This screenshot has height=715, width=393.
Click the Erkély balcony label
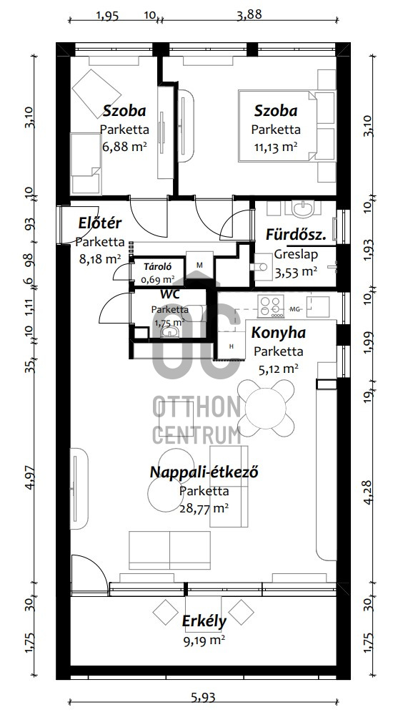click(204, 621)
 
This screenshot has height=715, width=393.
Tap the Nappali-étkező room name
click(204, 472)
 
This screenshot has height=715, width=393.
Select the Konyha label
click(278, 333)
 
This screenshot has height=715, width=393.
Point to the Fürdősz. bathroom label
click(296, 235)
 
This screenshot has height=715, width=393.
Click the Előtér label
click(100, 223)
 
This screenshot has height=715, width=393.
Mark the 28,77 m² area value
click(204, 508)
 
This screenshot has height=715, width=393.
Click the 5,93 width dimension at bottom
click(202, 697)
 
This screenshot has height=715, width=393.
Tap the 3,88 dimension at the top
click(249, 14)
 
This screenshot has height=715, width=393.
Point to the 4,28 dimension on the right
click(369, 492)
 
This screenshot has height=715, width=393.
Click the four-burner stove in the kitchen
click(271, 306)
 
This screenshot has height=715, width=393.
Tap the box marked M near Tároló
click(199, 265)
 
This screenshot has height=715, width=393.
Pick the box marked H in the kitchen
click(232, 346)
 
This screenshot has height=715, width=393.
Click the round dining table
click(266, 408)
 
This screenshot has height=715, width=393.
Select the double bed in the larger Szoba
click(277, 126)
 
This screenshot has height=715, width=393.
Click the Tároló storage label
click(156, 267)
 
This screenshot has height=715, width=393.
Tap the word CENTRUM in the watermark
click(196, 434)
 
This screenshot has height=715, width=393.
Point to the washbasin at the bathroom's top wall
click(302, 210)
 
